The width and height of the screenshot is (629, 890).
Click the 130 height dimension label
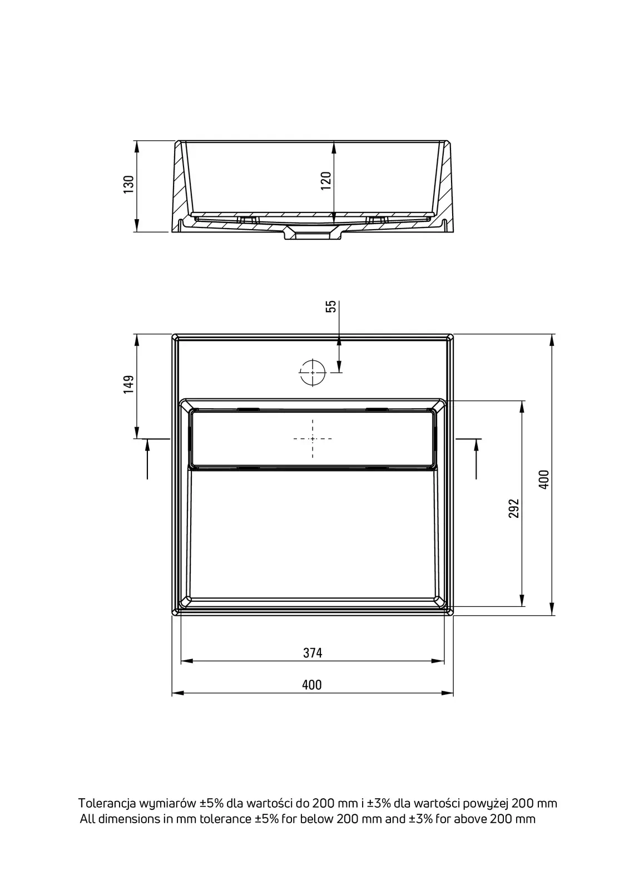(x=128, y=184)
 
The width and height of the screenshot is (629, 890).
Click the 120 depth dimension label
(x=326, y=180)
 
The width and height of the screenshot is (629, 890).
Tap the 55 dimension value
(x=331, y=306)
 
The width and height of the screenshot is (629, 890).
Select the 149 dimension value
(x=128, y=384)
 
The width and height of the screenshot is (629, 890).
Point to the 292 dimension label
(x=514, y=508)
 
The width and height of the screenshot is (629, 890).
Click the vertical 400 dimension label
(x=544, y=479)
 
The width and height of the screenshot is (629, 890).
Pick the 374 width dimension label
(x=313, y=653)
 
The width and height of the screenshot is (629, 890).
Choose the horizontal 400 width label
(x=312, y=685)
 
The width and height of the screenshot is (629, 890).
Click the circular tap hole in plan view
(x=313, y=373)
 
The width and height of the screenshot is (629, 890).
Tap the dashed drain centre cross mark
(x=313, y=439)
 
